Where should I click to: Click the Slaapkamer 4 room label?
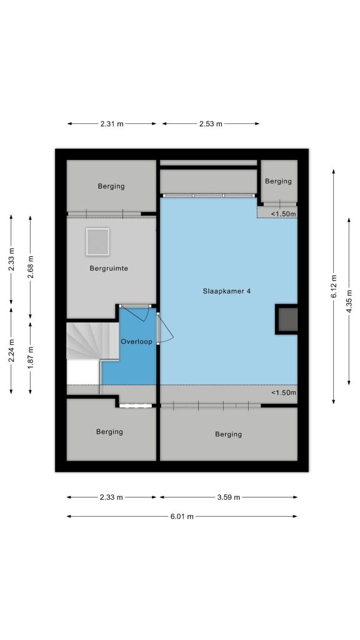coord(226,291)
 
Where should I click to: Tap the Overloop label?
coord(136,342)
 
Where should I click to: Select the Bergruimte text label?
coord(109,269)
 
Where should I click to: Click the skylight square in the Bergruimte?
coord(97,242)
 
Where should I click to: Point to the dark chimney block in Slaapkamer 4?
coord(286,319)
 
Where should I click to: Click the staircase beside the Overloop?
coord(92,341)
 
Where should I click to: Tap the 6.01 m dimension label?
coord(182,516)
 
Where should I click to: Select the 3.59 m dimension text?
coord(229,497)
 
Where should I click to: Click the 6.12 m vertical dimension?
coord(334,286)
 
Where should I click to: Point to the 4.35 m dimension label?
coord(349,301)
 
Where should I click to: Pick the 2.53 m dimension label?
coord(211,124)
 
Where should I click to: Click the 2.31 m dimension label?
coord(112,124)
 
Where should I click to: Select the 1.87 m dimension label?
coord(30,357)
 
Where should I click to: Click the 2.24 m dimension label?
coord(11,351)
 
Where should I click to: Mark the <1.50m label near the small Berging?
coord(283,214)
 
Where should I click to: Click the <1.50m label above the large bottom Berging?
coord(284,392)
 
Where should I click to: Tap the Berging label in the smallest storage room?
coord(278,181)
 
